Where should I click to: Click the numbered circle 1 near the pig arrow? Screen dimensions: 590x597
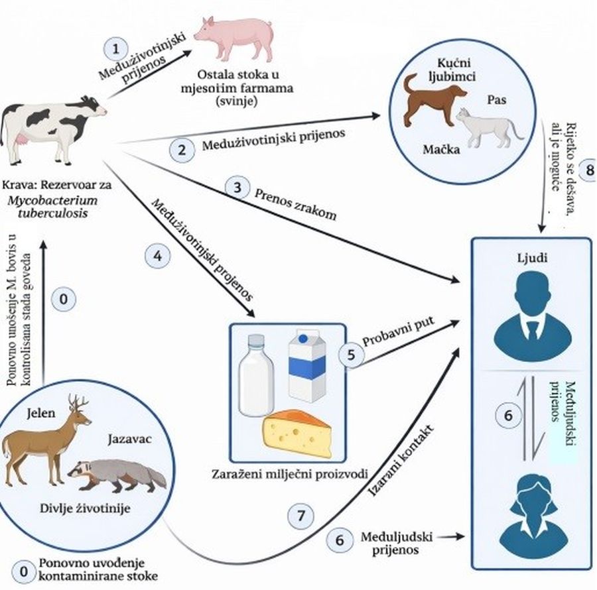(x=117, y=49)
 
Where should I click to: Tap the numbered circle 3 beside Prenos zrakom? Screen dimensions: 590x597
(x=237, y=188)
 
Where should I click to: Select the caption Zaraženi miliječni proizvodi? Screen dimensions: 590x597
(x=287, y=475)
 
